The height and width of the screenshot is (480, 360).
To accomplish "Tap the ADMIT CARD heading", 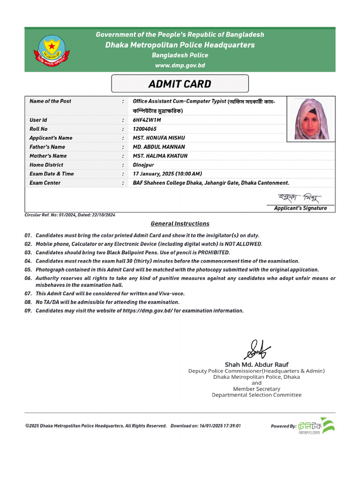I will (x=180, y=84).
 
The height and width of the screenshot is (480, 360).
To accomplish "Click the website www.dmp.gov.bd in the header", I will (x=180, y=66).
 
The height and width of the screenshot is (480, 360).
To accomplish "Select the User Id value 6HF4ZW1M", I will (x=147, y=120).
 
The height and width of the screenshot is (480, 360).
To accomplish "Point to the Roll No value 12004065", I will (x=145, y=129).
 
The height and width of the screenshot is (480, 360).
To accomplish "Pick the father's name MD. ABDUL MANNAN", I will (x=159, y=147).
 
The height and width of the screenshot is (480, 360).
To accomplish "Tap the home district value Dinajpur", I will (x=143, y=165).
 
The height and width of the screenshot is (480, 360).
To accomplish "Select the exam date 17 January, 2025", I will (x=153, y=174).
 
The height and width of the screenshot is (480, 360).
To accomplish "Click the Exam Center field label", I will (x=45, y=183).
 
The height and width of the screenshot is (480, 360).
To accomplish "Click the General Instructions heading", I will (x=180, y=224).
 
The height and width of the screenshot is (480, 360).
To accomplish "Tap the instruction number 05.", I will (x=28, y=270).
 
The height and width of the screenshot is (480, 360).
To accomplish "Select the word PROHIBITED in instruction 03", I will (x=214, y=253).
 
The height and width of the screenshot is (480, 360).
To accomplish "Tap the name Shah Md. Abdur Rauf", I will (x=256, y=364).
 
